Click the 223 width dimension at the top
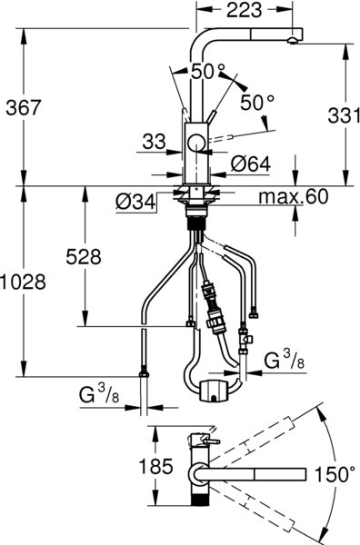(245, 10)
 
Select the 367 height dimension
(24, 108)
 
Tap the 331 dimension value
(344, 115)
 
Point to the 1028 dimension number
(23, 282)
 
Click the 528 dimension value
(84, 257)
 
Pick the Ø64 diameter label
(250, 163)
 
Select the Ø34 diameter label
(135, 202)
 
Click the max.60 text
(294, 197)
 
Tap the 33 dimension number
(154, 142)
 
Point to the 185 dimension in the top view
(155, 466)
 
